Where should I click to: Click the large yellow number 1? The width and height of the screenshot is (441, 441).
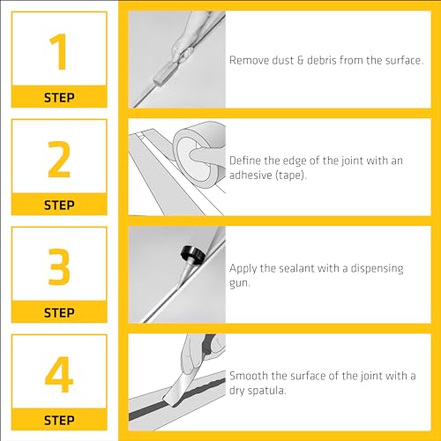pos(59,51)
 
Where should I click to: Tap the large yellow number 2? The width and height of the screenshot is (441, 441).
pos(59,159)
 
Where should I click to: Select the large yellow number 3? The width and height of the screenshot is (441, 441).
pos(59,266)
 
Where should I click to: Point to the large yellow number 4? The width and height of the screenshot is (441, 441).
pos(59,374)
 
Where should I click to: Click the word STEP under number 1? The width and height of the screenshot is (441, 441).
pos(59,98)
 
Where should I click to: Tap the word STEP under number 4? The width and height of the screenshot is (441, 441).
pos(59,420)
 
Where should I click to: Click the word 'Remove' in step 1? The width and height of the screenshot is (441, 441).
pos(249,60)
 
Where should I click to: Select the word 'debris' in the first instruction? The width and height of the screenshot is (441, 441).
pos(322,60)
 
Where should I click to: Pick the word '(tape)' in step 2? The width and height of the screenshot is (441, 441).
pos(291,176)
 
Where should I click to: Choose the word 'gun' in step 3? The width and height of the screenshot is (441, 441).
pos(239,284)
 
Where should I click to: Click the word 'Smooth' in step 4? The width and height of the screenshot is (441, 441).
pos(249,376)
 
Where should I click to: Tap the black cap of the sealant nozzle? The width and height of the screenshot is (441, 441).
pos(193,253)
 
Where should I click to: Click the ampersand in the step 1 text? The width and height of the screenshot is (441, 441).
pos(300,61)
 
